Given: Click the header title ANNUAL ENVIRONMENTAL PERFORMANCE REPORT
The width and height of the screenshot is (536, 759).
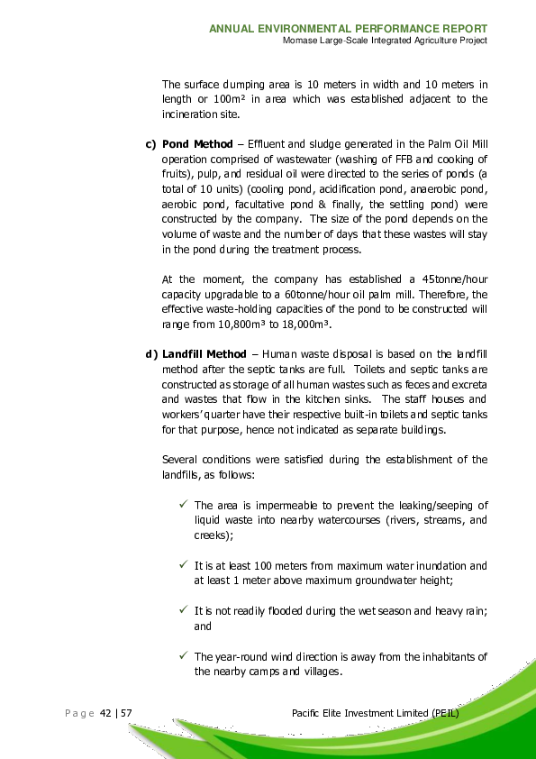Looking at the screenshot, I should pos(349,29).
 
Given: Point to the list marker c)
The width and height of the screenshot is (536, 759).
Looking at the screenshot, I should pos(150,144).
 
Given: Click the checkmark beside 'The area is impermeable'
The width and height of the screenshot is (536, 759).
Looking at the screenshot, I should pos(183,505).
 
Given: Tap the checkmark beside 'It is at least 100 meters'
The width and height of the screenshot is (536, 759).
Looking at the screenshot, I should pos(183,565).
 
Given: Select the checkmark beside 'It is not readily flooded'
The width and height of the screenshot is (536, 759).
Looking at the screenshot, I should pos(183,610).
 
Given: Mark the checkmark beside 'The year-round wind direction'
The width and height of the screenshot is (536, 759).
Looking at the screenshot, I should pos(183,655).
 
